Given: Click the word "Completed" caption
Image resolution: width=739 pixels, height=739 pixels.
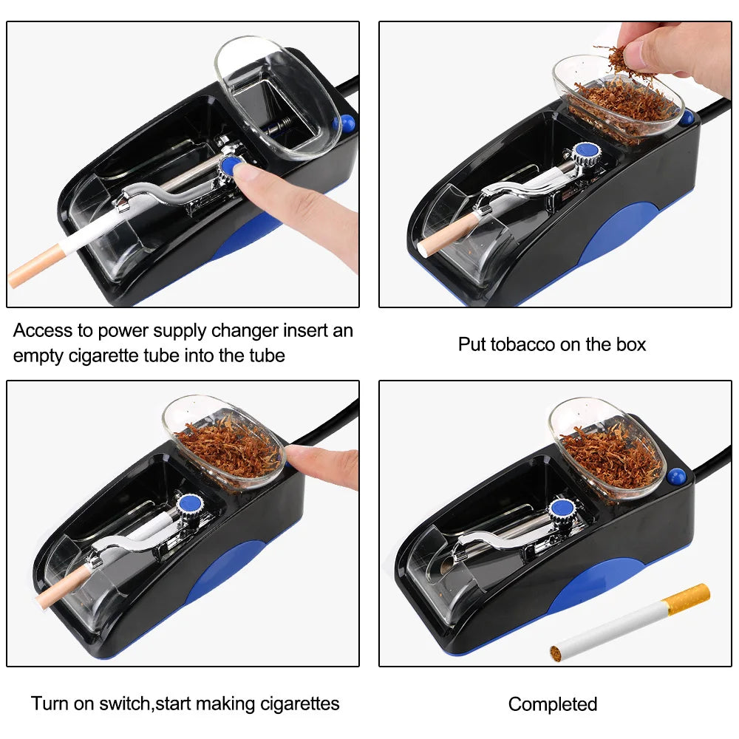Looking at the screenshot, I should coord(552,704).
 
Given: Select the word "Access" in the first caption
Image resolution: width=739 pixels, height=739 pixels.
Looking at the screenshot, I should coord(41,330).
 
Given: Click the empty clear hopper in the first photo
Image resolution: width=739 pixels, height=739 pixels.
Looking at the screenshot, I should coord(278,96).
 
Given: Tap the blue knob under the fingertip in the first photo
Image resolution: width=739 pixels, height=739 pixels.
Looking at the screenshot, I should coord(231,165).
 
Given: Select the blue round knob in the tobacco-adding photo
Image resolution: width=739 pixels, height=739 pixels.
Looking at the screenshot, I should coord(588,153).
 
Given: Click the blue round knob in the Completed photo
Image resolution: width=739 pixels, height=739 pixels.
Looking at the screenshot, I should coord(562,508).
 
